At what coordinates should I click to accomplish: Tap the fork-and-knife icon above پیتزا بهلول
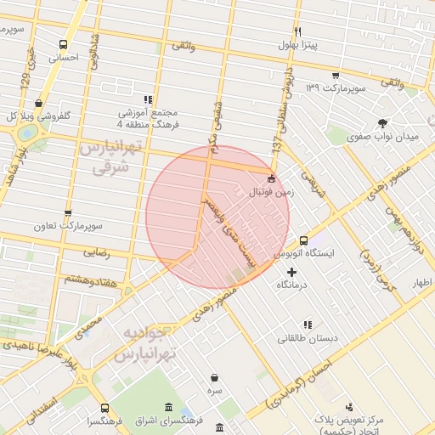297,31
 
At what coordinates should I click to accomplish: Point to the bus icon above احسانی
63,45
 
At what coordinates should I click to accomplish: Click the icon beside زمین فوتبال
271,179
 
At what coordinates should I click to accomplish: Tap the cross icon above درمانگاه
292,272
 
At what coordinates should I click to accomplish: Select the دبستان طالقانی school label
308,338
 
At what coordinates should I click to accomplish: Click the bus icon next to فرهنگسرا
105,409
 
